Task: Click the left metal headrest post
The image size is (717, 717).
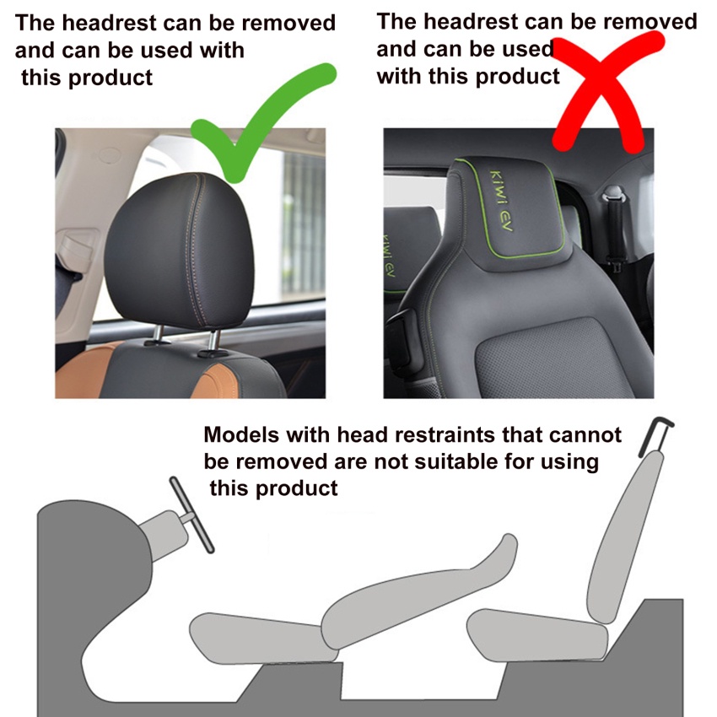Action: coord(157,335)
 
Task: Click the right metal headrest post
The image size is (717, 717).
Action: coord(213,341)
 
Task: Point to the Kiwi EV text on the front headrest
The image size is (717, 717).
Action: coord(502,200)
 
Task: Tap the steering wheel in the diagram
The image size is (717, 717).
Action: coord(191,515)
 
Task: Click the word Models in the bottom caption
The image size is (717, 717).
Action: coord(241,434)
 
